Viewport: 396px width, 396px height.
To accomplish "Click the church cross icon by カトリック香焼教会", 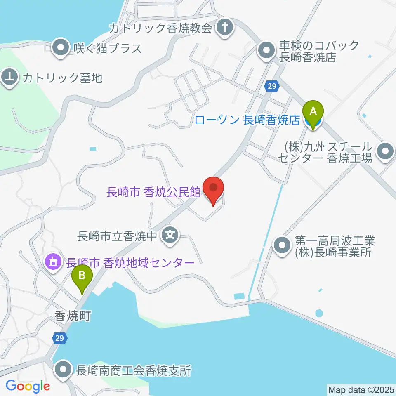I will [x=225, y=28].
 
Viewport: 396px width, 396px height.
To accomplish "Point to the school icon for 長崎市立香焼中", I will [x=170, y=236].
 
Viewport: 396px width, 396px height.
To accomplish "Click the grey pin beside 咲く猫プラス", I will [x=61, y=48].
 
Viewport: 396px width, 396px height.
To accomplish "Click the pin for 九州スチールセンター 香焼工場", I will [x=386, y=151].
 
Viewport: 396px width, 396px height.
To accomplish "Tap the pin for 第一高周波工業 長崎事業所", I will [x=283, y=246].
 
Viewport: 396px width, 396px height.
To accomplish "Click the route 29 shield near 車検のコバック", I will [x=271, y=86].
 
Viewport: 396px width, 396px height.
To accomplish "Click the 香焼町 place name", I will [x=72, y=316].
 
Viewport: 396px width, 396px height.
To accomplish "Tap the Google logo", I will [x=28, y=386].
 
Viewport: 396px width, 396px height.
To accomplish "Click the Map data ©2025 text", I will [x=360, y=389].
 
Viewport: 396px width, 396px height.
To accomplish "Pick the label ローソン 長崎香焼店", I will [x=246, y=120].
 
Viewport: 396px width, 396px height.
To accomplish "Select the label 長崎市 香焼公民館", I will [x=153, y=192].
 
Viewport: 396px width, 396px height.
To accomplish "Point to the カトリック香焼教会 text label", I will [x=160, y=28].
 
